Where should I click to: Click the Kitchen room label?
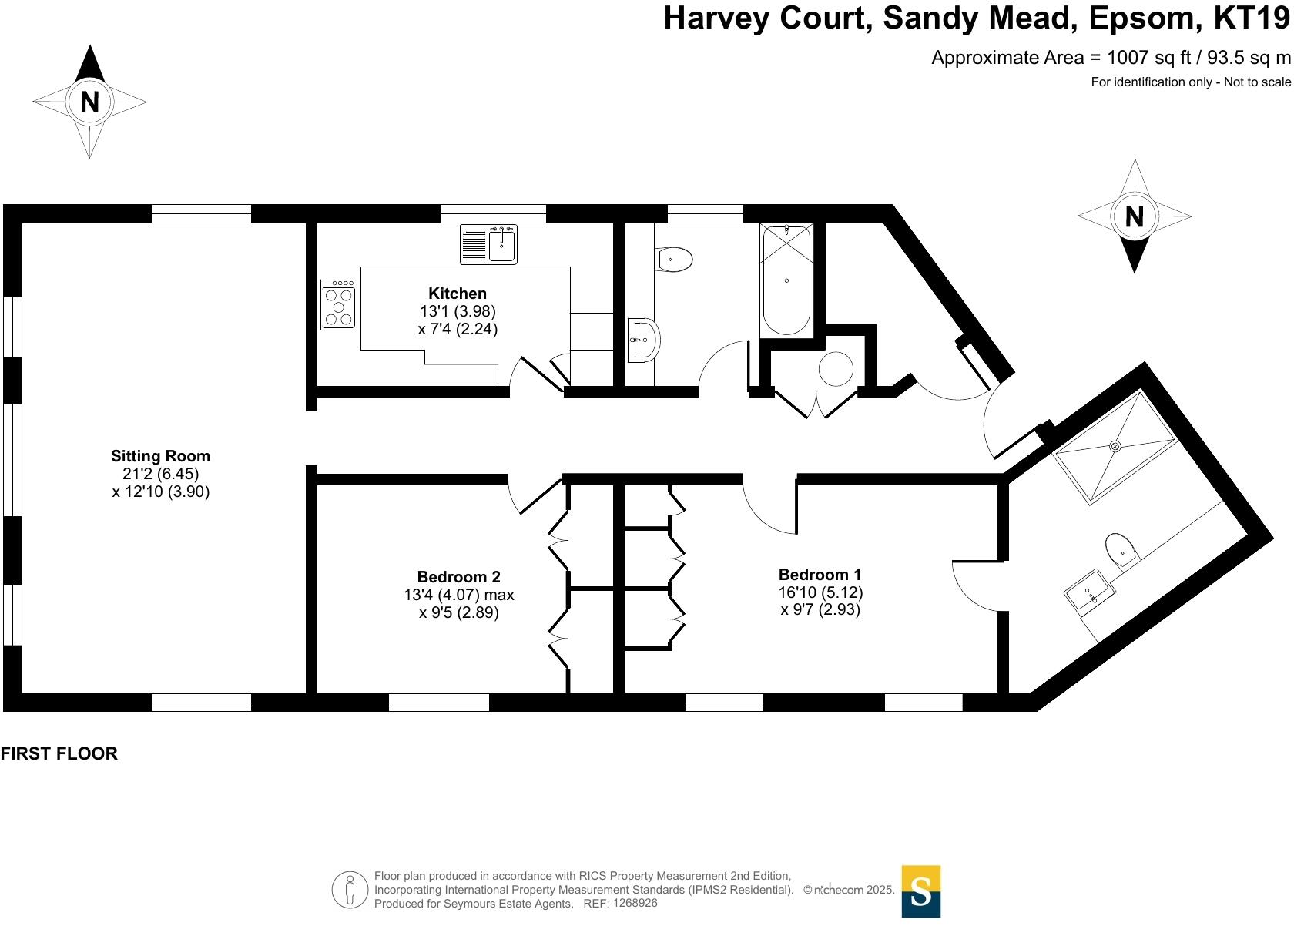458,294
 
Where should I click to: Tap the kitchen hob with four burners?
339,305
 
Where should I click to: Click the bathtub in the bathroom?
786,281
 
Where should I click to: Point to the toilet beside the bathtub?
675,260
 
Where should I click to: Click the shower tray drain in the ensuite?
1115,446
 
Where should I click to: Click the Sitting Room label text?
160,456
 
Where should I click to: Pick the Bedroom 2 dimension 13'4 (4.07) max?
458,596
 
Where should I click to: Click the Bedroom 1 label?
820,575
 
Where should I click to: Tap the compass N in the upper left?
90,102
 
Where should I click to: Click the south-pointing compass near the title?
1134,217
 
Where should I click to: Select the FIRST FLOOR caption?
59,754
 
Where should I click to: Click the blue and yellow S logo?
920,891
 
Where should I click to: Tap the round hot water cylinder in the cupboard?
836,369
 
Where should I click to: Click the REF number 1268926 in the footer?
632,904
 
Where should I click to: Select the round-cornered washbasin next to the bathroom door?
643,340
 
